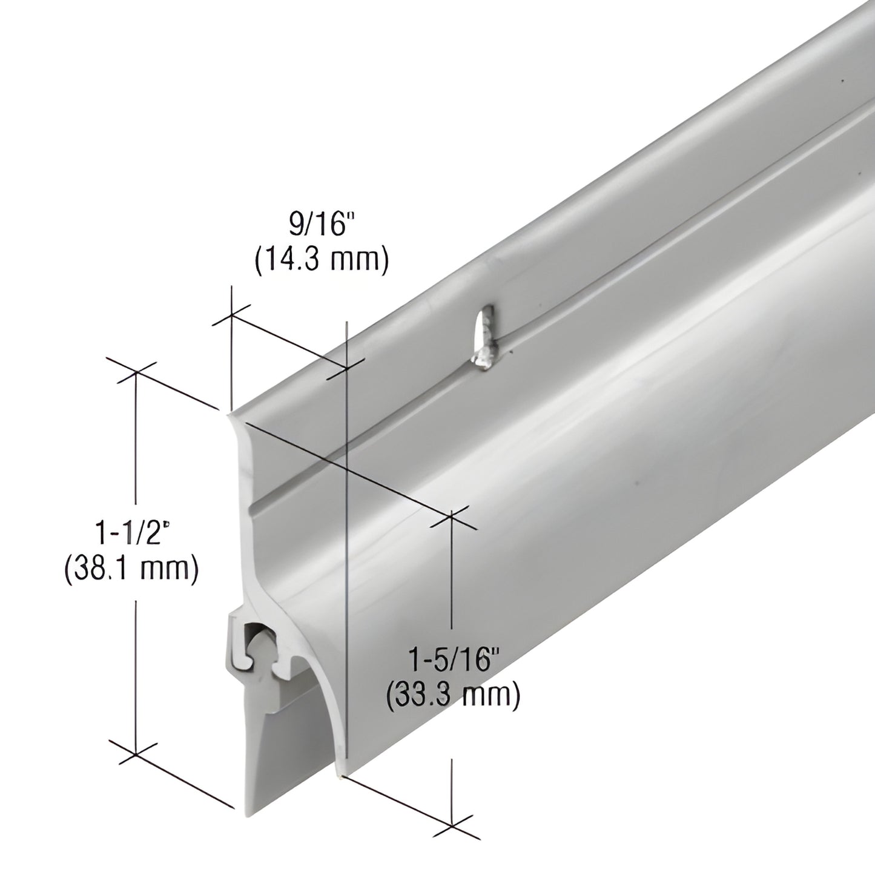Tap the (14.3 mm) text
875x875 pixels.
(321, 261)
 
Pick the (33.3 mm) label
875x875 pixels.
(453, 695)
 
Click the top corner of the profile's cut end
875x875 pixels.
(229, 414)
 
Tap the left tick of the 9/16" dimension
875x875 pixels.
(231, 315)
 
